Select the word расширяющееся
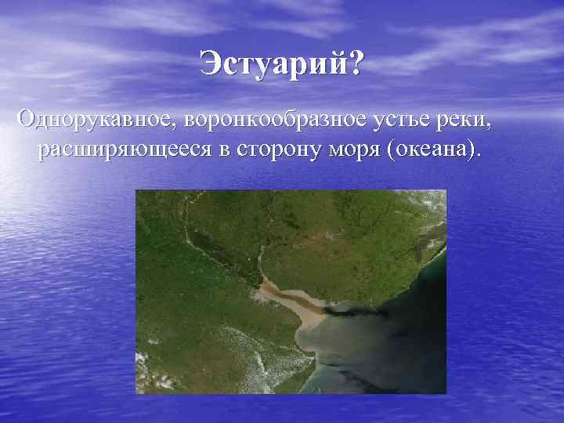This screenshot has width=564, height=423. click(125, 149)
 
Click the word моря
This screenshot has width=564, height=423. click(352, 149)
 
